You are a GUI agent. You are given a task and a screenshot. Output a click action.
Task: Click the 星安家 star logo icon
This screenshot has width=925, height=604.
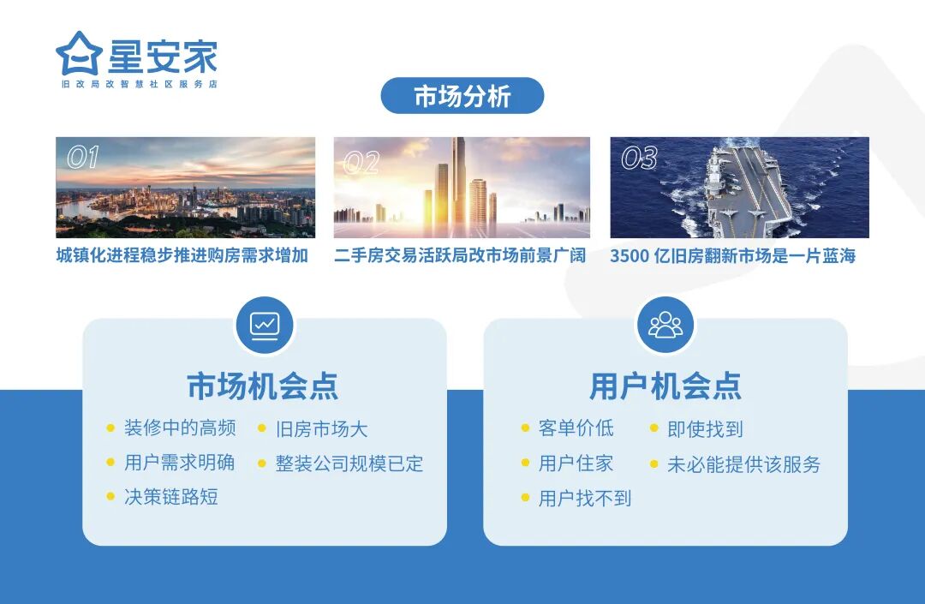(x=79, y=54)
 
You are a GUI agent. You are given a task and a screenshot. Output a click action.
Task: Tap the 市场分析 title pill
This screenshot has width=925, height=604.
(x=462, y=96)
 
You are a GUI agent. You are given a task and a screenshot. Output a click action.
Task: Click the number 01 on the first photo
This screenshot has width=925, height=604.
(x=83, y=158)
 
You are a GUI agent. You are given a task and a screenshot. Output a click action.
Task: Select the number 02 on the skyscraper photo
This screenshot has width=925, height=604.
(x=361, y=163)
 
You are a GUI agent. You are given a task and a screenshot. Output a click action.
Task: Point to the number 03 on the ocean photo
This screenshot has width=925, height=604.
(x=639, y=158)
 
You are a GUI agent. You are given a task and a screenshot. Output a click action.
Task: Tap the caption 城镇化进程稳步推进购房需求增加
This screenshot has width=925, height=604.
(x=182, y=255)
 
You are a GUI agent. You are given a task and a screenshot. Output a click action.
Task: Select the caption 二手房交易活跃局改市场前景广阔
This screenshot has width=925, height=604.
(x=461, y=255)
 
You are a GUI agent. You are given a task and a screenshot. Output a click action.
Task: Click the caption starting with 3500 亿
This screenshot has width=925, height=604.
(x=732, y=255)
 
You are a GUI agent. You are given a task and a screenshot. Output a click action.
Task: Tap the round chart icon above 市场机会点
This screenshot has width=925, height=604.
(x=265, y=325)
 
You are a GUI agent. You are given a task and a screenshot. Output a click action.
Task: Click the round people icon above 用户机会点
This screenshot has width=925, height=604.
(x=665, y=325)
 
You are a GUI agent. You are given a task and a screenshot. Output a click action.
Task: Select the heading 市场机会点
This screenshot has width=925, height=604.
(x=263, y=386)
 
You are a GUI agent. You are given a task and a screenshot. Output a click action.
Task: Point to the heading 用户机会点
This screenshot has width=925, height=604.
(x=665, y=386)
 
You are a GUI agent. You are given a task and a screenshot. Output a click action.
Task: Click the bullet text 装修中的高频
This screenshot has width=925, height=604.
(x=180, y=428)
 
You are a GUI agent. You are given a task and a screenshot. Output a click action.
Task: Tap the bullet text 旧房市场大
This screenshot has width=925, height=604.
(x=321, y=429)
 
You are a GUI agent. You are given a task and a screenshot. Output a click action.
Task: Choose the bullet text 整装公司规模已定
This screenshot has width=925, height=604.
(x=349, y=463)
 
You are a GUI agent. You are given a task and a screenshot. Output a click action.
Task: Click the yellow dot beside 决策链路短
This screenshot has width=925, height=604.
(x=110, y=496)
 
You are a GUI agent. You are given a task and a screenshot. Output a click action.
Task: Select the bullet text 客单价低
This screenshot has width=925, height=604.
(x=576, y=428)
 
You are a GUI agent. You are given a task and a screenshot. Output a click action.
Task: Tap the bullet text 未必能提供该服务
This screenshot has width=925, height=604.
(x=743, y=464)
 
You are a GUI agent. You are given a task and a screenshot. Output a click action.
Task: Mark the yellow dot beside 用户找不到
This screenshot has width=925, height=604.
(x=525, y=498)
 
